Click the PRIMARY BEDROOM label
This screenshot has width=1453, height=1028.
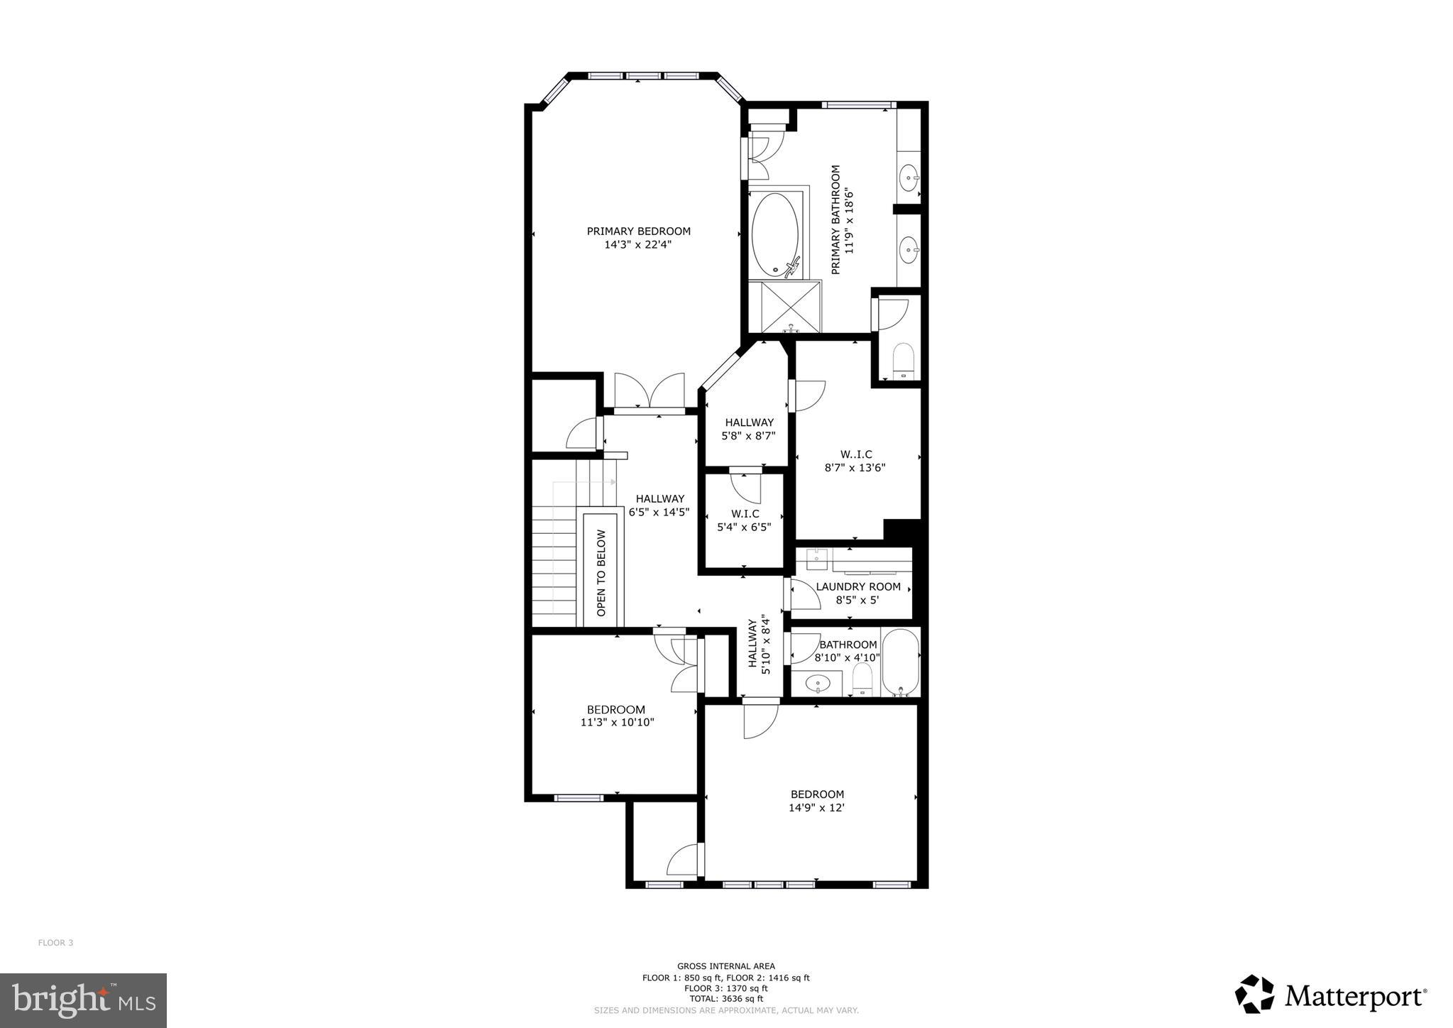638,231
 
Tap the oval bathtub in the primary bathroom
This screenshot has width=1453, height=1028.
775,235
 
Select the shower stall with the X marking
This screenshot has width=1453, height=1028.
784,307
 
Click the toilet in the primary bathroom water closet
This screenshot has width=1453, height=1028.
903,361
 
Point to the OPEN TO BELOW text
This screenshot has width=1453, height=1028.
602,572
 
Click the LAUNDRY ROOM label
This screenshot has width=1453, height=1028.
857,587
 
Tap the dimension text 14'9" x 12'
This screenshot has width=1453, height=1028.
816,808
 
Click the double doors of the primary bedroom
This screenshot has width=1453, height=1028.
649,391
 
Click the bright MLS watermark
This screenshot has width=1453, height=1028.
83,1001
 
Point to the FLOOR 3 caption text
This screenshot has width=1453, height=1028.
55,943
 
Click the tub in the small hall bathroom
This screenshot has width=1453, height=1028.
900,662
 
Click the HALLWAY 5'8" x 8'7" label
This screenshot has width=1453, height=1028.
749,429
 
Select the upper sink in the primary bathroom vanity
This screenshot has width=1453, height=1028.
909,175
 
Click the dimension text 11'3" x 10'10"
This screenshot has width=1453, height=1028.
617,723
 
